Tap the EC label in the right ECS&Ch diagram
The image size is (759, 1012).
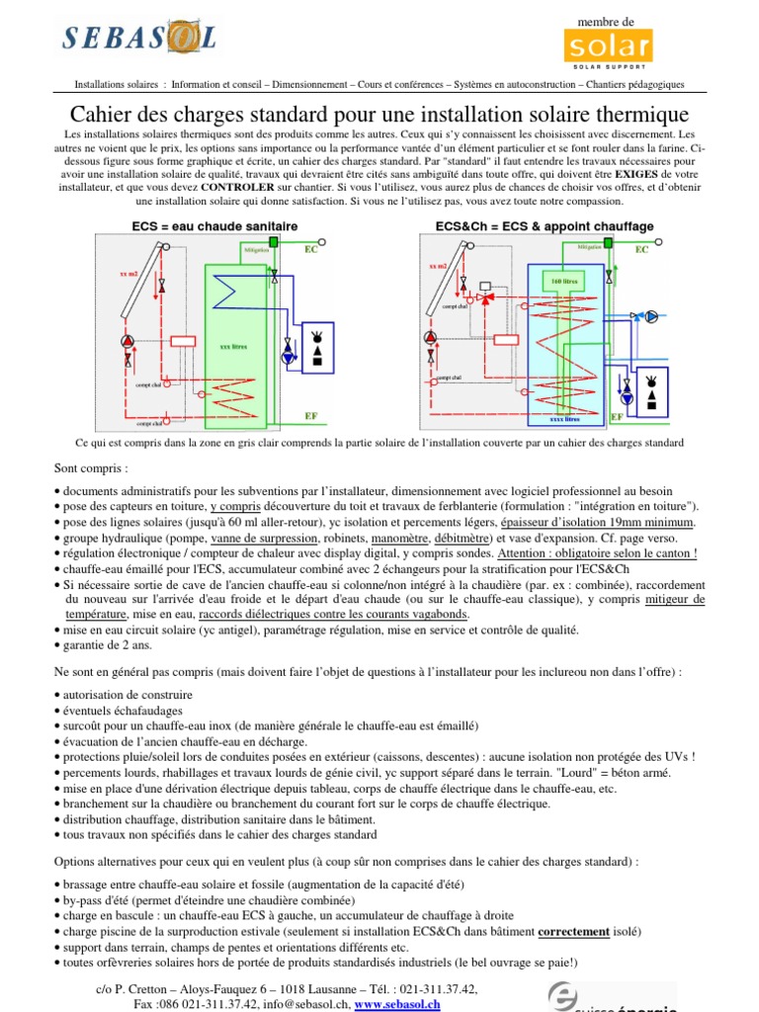pos(641,250)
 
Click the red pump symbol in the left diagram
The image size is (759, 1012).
pos(127,342)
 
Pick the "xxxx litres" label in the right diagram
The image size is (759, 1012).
pos(565,419)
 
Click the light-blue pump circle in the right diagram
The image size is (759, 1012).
pos(651,317)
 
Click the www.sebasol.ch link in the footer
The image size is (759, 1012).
pos(397,1003)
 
